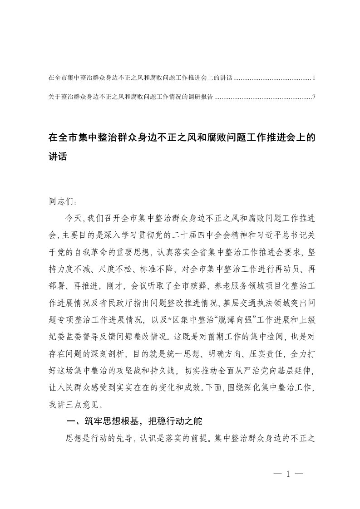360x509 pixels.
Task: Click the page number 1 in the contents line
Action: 314,78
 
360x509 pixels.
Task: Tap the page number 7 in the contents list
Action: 314,97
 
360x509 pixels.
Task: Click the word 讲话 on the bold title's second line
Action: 57,157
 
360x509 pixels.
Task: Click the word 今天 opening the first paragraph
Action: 74,219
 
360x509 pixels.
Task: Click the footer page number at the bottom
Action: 287,474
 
